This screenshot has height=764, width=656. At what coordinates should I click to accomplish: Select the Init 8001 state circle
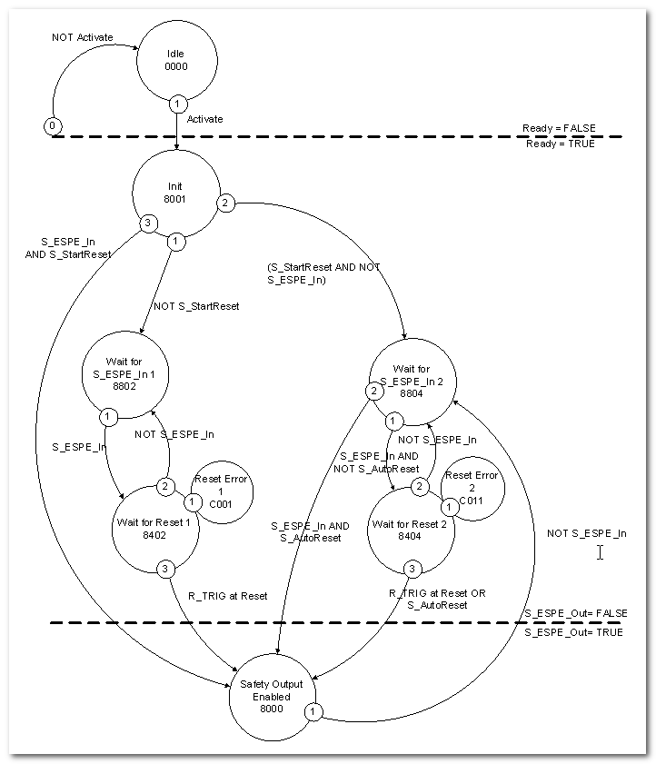(x=175, y=193)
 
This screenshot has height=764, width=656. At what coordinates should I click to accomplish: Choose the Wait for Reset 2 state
(x=410, y=528)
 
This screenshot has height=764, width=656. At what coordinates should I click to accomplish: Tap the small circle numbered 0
(x=53, y=124)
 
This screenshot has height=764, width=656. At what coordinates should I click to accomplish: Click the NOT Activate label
(x=84, y=37)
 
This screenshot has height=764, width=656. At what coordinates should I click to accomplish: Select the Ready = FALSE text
(x=559, y=128)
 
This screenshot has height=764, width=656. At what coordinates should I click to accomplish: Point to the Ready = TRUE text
(x=559, y=144)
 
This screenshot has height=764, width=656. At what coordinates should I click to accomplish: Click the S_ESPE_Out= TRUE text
(x=573, y=631)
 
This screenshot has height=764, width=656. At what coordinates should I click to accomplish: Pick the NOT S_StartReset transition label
(x=196, y=306)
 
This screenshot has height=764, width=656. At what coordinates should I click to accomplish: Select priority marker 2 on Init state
(x=224, y=203)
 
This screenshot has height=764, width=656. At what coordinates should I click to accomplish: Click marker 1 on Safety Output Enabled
(x=312, y=712)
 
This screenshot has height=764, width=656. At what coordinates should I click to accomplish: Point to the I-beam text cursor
(x=600, y=551)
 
